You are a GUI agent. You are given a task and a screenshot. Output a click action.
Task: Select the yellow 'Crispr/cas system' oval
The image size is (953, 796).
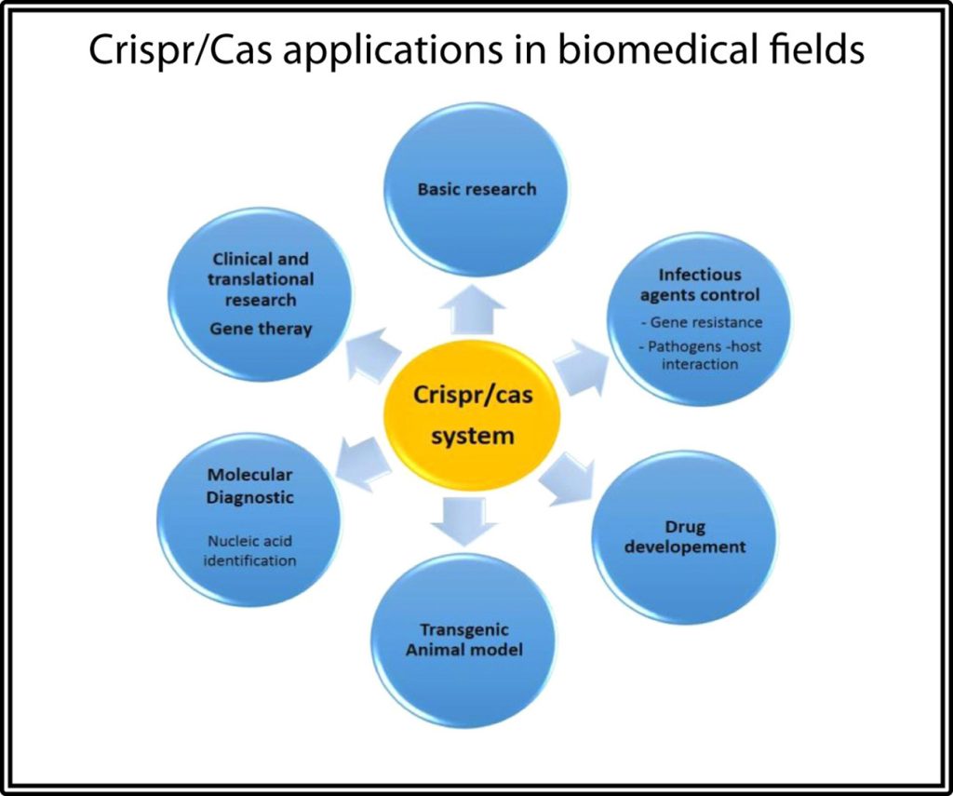[x=473, y=415]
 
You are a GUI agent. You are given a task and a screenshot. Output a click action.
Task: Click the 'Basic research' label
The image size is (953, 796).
[x=476, y=189]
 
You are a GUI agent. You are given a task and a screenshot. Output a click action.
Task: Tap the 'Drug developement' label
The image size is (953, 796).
[x=685, y=537]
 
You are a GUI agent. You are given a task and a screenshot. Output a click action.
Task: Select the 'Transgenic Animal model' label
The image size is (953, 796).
[x=463, y=640]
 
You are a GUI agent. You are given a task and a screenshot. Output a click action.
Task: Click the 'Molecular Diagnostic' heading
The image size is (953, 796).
[x=249, y=486]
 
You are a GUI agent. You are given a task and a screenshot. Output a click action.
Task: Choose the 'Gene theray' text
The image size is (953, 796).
[x=261, y=329]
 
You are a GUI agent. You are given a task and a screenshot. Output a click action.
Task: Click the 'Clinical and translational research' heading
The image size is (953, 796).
[x=261, y=279]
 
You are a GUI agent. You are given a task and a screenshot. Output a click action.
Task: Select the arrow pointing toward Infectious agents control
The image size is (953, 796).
[x=579, y=364]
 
